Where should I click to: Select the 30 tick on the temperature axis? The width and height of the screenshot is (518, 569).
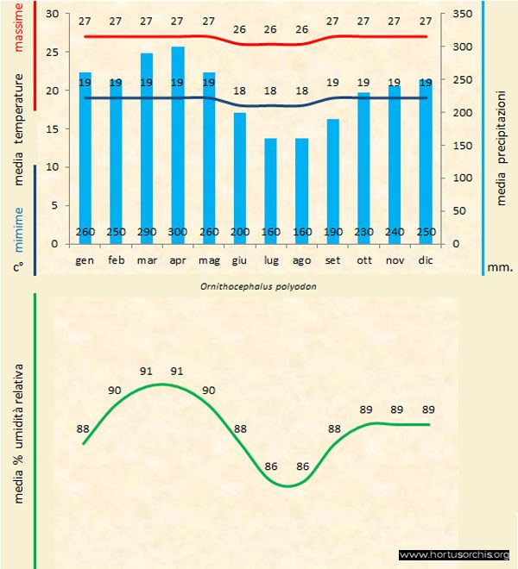click(53, 15)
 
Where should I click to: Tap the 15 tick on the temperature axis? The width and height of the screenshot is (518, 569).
click(53, 128)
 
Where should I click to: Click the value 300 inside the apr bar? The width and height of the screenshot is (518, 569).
click(178, 232)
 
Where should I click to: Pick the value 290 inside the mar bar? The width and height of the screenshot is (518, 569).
click(147, 232)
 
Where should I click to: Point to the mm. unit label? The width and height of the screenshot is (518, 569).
click(500, 267)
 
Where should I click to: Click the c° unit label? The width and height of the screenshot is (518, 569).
click(18, 267)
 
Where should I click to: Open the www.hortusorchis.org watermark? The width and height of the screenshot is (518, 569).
click(454, 554)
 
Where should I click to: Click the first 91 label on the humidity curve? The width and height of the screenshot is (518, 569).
click(147, 372)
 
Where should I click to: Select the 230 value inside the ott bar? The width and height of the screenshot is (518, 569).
click(363, 232)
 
